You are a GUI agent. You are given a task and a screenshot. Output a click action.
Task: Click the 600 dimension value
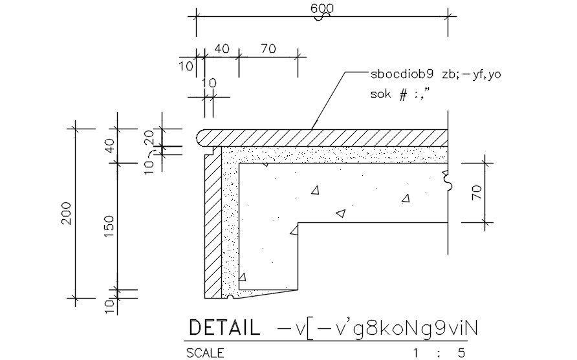322,8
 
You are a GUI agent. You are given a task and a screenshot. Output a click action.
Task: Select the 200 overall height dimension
67,213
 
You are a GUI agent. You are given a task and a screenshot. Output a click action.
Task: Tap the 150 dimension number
109,226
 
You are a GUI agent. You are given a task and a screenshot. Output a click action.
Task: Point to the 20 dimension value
149,139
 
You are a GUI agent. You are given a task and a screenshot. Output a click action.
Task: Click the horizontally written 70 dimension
268,48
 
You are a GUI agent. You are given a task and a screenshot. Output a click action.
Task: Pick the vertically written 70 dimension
477,193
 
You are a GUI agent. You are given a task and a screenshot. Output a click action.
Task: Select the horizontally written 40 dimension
221,48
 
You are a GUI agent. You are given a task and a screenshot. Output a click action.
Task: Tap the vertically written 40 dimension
109,146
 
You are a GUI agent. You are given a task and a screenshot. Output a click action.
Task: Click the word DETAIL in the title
224,328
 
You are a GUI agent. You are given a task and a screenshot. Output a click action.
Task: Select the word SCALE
205,353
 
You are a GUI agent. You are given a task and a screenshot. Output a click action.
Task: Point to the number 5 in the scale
461,354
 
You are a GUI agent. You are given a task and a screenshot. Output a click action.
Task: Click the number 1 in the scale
416,354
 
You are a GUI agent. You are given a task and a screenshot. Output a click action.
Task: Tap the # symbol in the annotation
403,94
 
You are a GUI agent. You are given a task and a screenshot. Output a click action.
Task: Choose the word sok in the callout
380,94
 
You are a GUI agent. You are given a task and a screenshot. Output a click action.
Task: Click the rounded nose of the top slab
200,138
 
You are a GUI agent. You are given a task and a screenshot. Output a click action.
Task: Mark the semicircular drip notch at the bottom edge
230,297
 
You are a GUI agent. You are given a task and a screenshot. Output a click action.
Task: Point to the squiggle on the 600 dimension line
321,16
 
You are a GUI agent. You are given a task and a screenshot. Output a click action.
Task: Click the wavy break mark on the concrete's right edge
448,180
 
